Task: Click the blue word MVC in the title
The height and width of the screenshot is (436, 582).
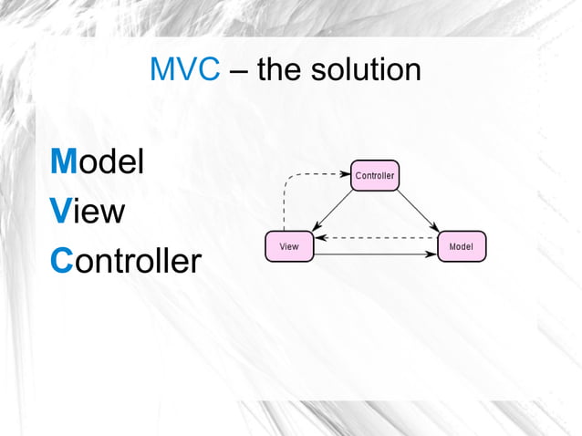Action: (x=184, y=70)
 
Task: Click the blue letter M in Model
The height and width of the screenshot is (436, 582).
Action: (x=63, y=162)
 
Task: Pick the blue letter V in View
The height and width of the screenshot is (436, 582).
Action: (x=60, y=212)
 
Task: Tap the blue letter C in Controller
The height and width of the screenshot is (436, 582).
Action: (x=61, y=261)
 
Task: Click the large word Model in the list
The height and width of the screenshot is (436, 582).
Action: (x=97, y=162)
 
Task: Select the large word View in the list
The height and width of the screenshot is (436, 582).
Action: (x=88, y=212)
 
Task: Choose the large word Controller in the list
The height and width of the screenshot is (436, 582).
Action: (x=125, y=261)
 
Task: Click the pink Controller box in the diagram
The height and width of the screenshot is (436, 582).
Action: (x=374, y=175)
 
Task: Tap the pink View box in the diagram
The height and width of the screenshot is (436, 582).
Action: (x=288, y=246)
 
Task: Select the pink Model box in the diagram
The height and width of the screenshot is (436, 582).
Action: (x=462, y=246)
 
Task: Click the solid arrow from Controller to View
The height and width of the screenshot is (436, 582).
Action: (x=333, y=211)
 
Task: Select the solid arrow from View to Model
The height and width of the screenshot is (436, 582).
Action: (x=374, y=254)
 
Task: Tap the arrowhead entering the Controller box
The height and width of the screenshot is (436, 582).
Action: (x=346, y=173)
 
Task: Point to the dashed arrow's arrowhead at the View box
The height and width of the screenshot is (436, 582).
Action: (x=318, y=238)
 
